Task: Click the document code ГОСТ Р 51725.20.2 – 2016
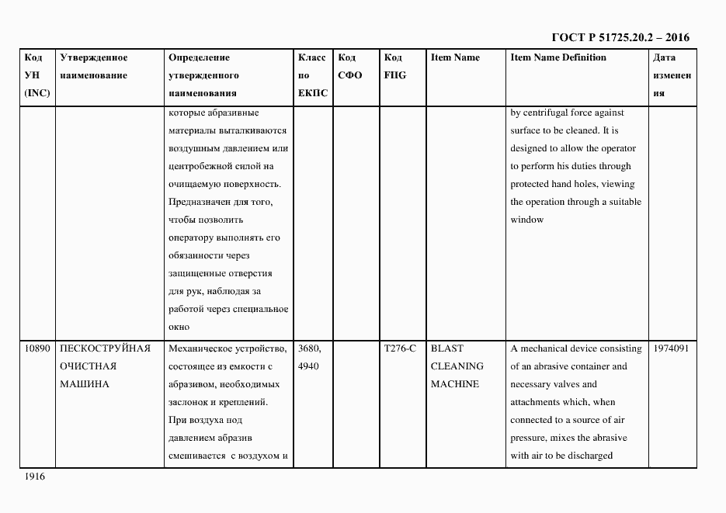[x=620, y=37]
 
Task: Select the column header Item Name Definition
[x=558, y=57]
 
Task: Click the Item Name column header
[x=455, y=57]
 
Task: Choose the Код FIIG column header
[x=394, y=67]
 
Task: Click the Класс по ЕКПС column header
[x=312, y=75]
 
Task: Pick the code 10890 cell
[x=37, y=348]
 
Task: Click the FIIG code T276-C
[x=400, y=348]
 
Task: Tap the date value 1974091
[x=672, y=348]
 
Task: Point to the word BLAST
[x=446, y=348]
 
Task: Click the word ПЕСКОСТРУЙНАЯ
[x=105, y=348]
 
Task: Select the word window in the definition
[x=527, y=220]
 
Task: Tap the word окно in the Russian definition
[x=179, y=327]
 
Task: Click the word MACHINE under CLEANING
[x=455, y=384]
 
